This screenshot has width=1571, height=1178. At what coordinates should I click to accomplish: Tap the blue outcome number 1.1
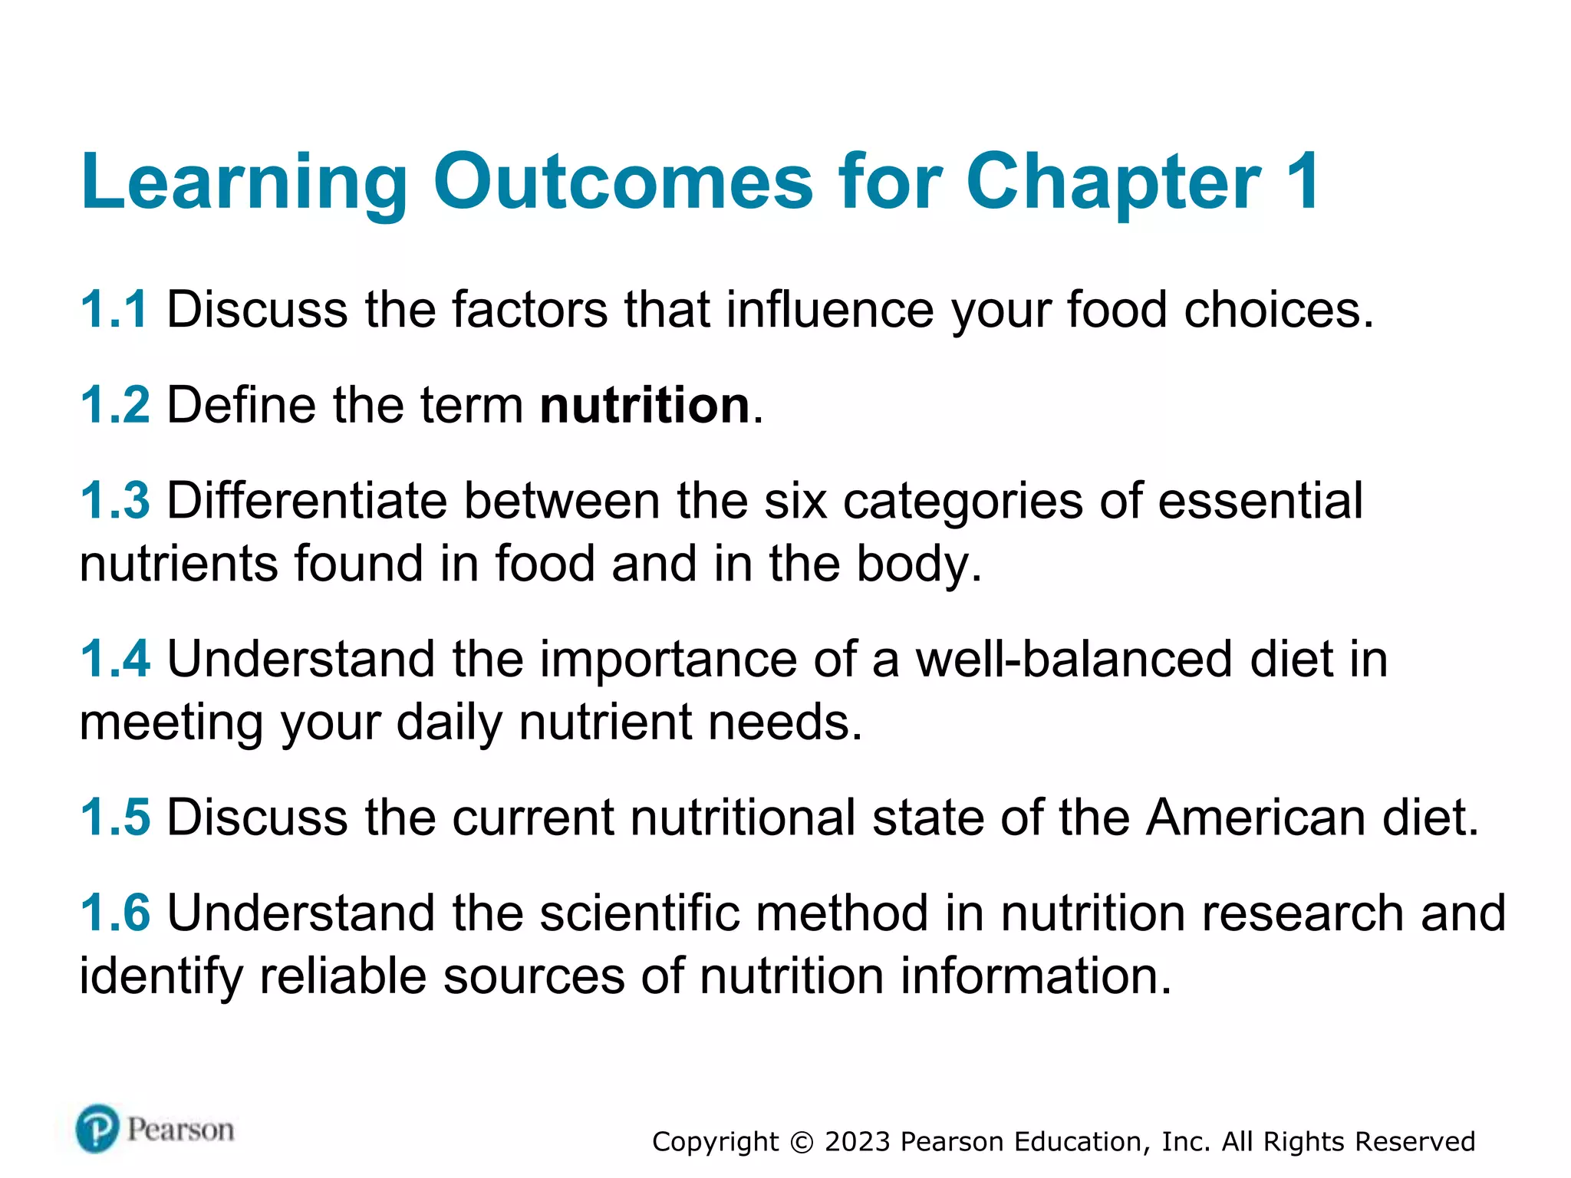coord(114,310)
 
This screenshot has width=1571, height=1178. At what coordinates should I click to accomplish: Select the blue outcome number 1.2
coord(115,405)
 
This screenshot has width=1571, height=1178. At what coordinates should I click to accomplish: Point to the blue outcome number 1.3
coord(115,501)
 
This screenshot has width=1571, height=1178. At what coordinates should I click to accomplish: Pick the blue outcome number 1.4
coord(115,659)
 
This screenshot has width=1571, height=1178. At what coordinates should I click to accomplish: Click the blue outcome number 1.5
coord(115,817)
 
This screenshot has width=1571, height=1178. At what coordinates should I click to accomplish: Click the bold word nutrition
coord(644,405)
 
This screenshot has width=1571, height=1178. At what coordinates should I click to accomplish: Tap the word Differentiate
coord(307,501)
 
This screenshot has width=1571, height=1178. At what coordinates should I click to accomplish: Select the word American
coord(1256,817)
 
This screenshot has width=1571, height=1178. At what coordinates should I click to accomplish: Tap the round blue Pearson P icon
coord(97,1129)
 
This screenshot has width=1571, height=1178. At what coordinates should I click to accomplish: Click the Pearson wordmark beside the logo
coord(180,1130)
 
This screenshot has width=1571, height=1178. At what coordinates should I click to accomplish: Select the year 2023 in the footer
coord(858,1142)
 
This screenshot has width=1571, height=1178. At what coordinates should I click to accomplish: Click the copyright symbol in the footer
coord(802,1143)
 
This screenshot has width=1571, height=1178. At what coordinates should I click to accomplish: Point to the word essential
coord(1260,501)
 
